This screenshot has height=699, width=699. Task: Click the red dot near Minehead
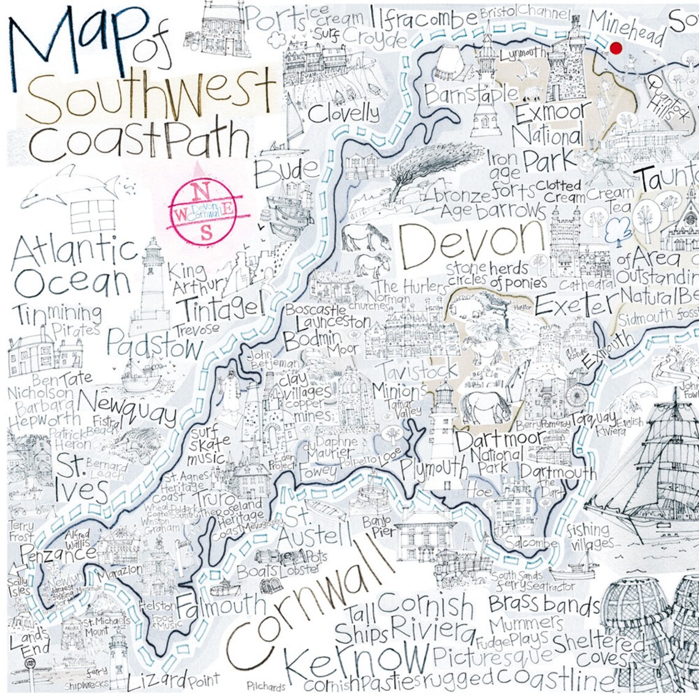tap(616, 48)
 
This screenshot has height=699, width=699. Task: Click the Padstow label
tap(155, 346)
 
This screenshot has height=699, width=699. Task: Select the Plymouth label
tap(434, 469)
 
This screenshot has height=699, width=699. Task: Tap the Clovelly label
tap(343, 113)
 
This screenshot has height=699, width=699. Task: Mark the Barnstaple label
tap(471, 95)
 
